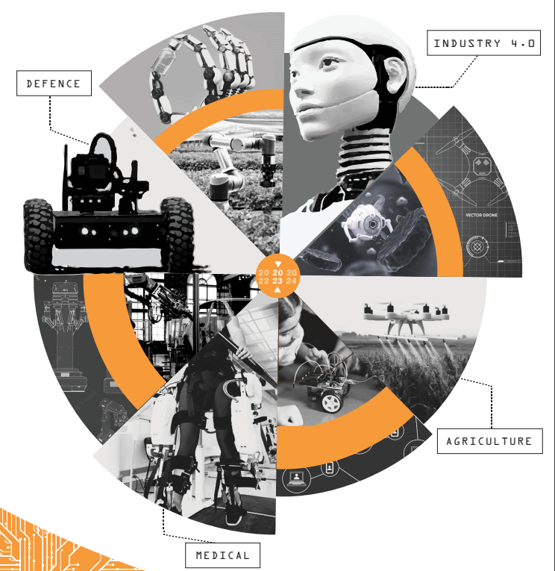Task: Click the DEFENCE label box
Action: coord(54,84)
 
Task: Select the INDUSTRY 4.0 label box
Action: coord(483,43)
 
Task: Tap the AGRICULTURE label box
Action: coord(489,441)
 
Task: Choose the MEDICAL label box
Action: coord(223,555)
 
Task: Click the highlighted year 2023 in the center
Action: coord(277,277)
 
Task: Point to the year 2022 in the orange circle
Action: coord(263,277)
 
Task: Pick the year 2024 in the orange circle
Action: coord(291,277)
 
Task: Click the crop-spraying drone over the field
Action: coord(406,317)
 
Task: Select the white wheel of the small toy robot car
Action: coord(331,402)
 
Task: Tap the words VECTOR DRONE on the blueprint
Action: coord(481,215)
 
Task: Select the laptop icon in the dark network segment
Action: coord(296,478)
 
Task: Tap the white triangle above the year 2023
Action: coord(277,264)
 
